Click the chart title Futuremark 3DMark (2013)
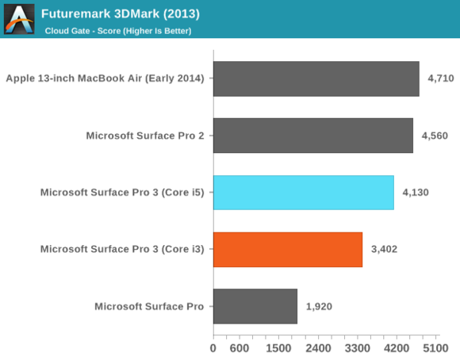coord(120,13)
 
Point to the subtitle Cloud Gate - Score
coord(118,31)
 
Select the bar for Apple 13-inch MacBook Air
coord(316,79)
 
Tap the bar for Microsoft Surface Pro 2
coord(312,136)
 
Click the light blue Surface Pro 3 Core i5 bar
coord(303,193)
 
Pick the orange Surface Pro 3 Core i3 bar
coord(287,250)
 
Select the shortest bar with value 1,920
coord(255,306)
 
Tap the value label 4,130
coord(416,193)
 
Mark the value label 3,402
coord(385,250)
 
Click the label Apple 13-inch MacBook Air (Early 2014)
coord(105,79)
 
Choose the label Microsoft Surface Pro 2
coord(145,136)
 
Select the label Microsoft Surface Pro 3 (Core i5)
coord(122,193)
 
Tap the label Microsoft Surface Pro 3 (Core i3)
coord(122,250)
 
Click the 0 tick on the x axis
coord(213,347)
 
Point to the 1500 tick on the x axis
coord(278,347)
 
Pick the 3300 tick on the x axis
coord(357,347)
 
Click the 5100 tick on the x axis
coord(435,347)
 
